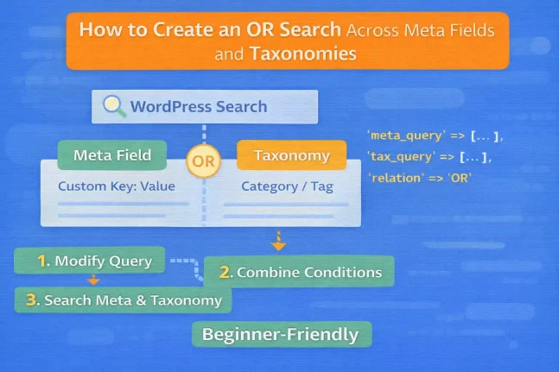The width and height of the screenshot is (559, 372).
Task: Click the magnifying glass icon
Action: coord(113,106)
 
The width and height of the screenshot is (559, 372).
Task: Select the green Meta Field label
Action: coord(112,155)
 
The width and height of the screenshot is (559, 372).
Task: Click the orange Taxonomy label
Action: coord(291,156)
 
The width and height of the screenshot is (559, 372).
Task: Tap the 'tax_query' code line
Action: coord(429,156)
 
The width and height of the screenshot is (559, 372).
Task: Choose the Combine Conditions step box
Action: coord(299,272)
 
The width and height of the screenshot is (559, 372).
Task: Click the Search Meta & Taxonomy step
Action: coord(124,300)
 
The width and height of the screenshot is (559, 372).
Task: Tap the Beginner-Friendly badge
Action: coord(281,334)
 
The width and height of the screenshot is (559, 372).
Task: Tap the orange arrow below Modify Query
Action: coord(93,279)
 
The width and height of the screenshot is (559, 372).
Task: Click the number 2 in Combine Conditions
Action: coord(226,272)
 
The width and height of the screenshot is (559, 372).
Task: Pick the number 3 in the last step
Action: coord(32,300)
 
